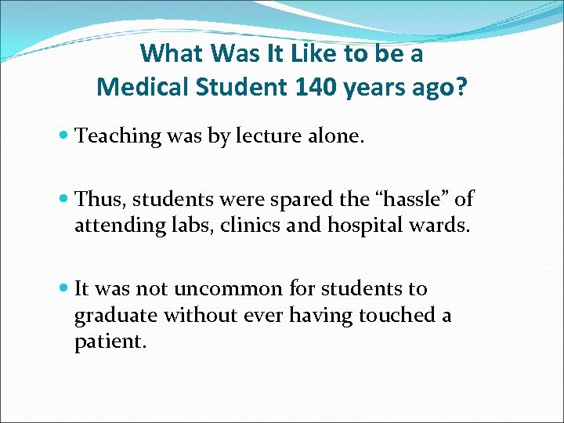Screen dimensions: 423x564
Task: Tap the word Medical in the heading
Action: coord(143,86)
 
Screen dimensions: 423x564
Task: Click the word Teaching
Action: coord(117,136)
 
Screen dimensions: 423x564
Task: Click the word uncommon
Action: coord(227,289)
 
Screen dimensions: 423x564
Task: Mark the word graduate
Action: coord(111,316)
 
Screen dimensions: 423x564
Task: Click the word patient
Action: coord(109,342)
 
